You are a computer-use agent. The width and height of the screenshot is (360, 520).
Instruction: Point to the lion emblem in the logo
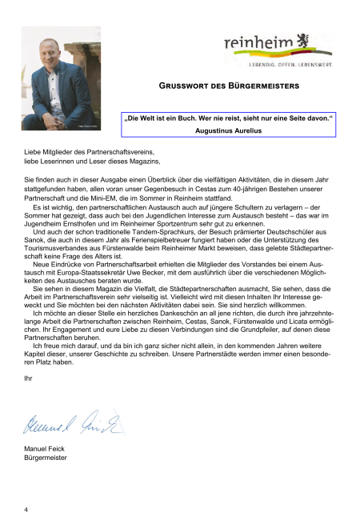(x=304, y=40)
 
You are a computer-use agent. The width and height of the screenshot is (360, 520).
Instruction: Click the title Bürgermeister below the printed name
(x=46, y=460)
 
